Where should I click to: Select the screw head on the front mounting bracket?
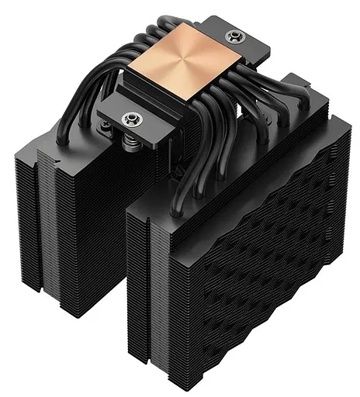click(x=129, y=118)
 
